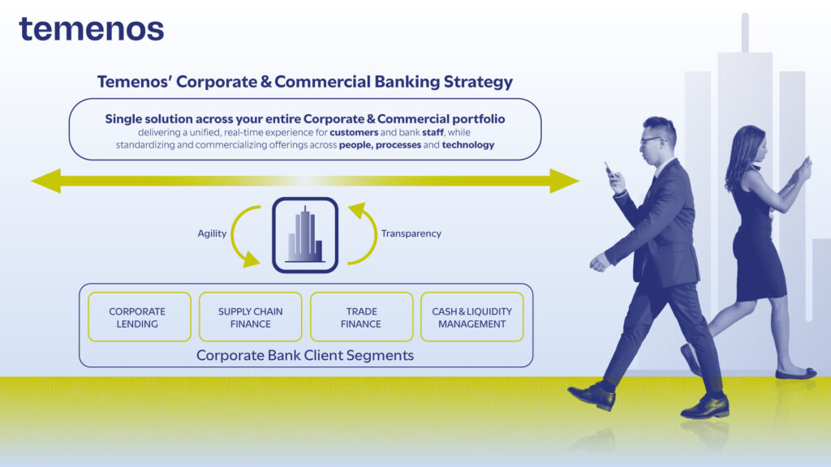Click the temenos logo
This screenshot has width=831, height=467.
92,29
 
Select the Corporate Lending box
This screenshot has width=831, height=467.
140,317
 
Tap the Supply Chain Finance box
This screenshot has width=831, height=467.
251,317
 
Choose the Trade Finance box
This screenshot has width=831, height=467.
361,317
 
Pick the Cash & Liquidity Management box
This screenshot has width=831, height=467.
472,317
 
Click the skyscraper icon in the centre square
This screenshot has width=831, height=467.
305,235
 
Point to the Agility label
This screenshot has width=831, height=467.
212,233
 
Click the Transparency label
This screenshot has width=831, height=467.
411,233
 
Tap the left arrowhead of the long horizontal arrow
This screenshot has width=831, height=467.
46,181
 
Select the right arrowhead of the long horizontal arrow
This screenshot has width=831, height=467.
565,181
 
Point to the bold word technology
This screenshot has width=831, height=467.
468,144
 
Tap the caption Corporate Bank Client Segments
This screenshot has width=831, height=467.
305,355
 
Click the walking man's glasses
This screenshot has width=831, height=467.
652,141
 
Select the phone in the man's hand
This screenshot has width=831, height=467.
609,169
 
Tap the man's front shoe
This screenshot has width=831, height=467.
592,396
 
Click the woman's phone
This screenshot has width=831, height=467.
807,162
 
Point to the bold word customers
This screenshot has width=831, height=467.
354,132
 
